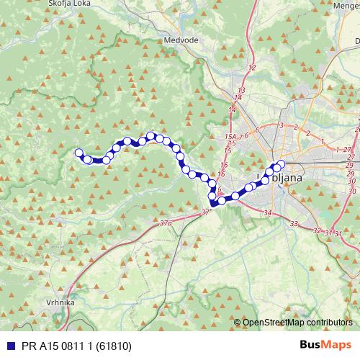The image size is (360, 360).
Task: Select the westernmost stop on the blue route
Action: click(79, 152)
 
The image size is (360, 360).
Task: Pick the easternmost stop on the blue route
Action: click(280, 163)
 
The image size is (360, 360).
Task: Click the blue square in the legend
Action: click(9, 346)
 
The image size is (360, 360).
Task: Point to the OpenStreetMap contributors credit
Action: click(297, 323)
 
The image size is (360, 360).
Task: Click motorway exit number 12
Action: click(251, 68)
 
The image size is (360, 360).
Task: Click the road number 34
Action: click(268, 213)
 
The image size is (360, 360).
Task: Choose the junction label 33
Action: click(294, 225)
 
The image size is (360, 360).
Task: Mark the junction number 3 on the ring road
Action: click(281, 125)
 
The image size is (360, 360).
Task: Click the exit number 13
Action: click(240, 90)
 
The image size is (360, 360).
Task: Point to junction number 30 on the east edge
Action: click(351, 191)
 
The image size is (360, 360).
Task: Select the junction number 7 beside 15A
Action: click(240, 136)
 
